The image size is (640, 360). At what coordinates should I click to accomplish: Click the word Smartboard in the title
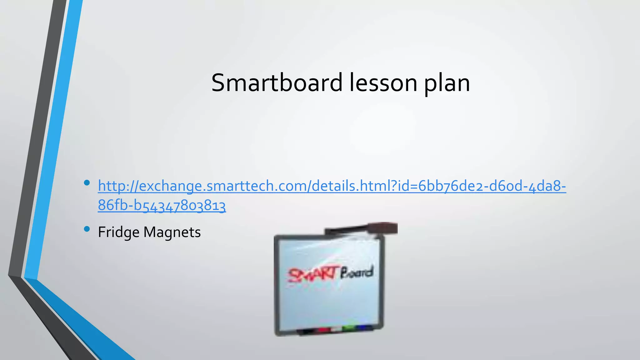pos(277,83)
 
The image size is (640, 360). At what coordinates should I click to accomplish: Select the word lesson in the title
pos(383,83)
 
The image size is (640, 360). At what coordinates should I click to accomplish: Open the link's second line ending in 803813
pos(162,206)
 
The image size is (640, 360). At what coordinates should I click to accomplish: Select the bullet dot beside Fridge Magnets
pos(87,229)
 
